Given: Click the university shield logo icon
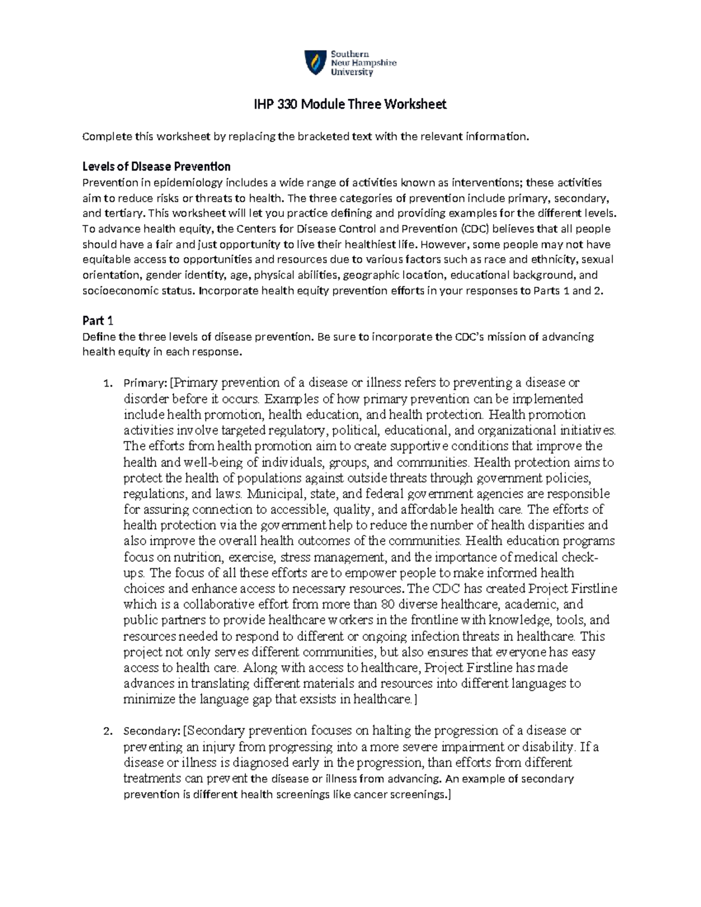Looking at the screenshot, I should [x=315, y=62].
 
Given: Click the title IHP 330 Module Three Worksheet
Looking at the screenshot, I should [x=350, y=105].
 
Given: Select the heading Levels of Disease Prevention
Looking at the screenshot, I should [x=157, y=167].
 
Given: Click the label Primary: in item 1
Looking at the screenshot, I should [x=145, y=383].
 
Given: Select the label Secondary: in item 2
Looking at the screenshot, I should [x=151, y=731].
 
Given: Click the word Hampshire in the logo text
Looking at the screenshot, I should [x=372, y=62].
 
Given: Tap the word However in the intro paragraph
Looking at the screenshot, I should [x=443, y=245].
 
